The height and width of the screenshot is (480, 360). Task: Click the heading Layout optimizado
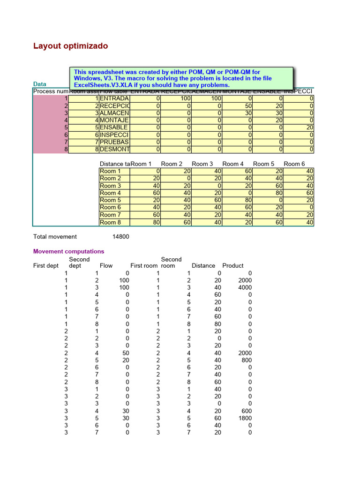[71, 46]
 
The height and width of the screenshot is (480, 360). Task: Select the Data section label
[40, 84]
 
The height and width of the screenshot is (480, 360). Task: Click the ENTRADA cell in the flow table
[114, 99]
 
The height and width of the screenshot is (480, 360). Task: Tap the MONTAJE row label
[114, 120]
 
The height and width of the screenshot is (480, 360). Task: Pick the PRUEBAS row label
[114, 142]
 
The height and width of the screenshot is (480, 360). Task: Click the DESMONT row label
[114, 150]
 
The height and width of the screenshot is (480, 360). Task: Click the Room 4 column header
[233, 164]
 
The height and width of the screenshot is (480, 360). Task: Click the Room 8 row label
[110, 222]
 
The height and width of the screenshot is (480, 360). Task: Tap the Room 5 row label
[110, 200]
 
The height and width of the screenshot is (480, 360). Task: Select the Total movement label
[55, 237]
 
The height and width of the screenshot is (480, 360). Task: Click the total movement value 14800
[121, 237]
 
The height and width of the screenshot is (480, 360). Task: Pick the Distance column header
[203, 265]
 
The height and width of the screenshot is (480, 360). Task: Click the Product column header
[233, 265]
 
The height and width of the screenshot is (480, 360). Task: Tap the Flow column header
[106, 265]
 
